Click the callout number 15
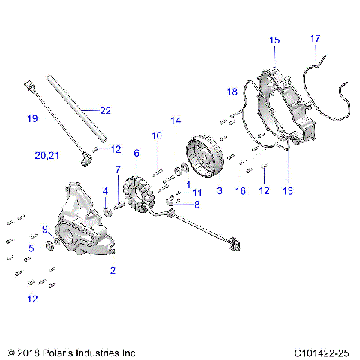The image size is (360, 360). coord(274,40)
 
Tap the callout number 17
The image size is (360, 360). coord(315,38)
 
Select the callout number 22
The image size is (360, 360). coord(105,111)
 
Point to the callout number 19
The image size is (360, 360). coord(31,118)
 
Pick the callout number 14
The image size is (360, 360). coord(175,121)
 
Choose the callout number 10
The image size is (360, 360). coord(157,136)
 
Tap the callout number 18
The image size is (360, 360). coord(232,92)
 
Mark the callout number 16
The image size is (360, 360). coord(241,191)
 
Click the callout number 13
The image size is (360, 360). coord(288,191)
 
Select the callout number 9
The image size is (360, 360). coord(45,229)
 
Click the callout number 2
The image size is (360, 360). coord(112,270)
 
